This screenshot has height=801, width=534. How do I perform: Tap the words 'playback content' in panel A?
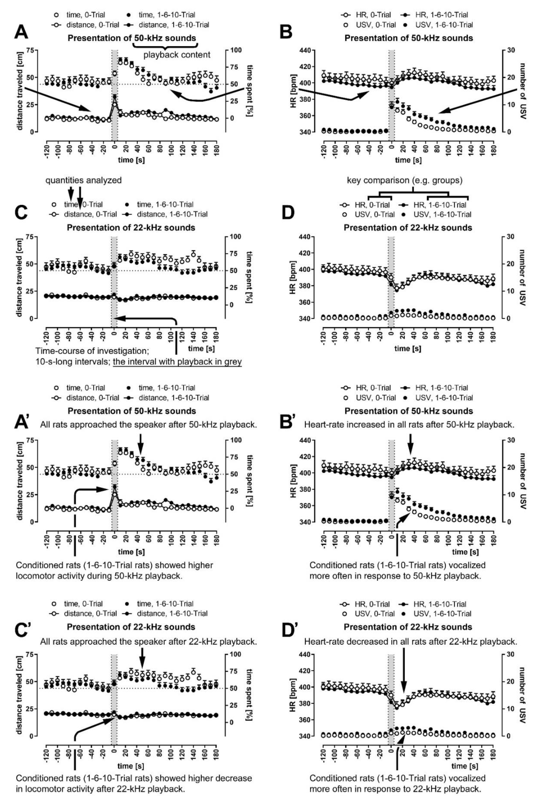point(177,54)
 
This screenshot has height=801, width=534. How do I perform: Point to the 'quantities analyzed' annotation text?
point(83,180)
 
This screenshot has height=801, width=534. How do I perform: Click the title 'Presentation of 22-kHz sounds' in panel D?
point(408,227)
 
